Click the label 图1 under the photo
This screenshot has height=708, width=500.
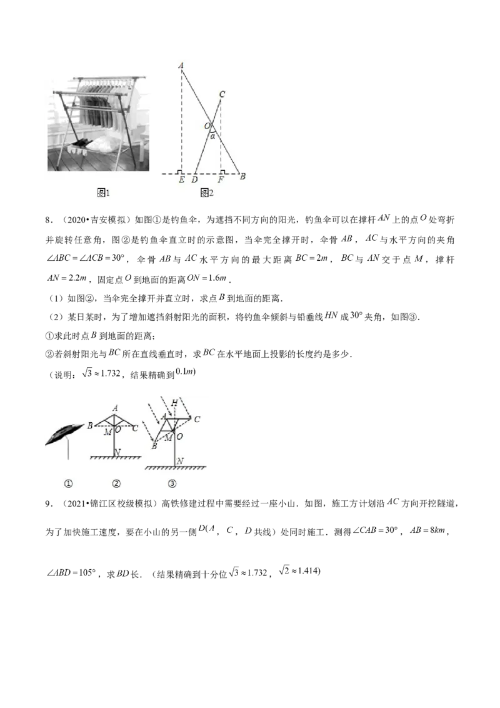point(103,193)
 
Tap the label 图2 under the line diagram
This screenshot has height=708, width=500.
point(207,193)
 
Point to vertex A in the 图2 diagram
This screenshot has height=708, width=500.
point(181,66)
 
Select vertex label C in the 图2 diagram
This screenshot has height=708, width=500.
point(222,94)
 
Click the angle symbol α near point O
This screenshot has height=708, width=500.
point(212,136)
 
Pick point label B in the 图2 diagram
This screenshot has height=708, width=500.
point(242,176)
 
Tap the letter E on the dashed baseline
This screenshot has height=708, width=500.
point(181,180)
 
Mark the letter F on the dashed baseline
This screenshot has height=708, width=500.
point(221,180)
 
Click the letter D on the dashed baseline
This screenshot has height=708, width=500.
point(194,180)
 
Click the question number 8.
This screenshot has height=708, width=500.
point(48,220)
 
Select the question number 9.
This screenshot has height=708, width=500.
point(48,503)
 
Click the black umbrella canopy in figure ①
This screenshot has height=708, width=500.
point(64,434)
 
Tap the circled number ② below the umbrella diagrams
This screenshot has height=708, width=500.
point(116,483)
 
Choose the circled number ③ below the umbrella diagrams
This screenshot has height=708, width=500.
point(172,483)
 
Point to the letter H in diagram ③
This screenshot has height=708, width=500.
point(174,403)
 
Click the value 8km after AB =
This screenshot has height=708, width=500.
point(437,530)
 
